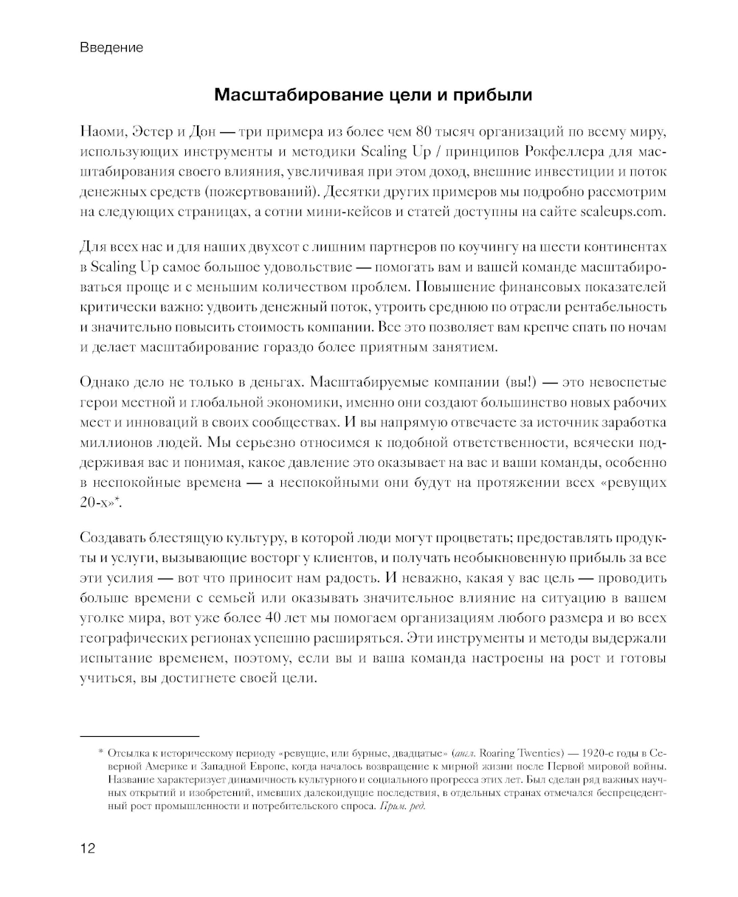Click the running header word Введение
[111, 48]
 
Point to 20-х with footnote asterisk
[100, 502]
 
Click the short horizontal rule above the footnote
[139, 735]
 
